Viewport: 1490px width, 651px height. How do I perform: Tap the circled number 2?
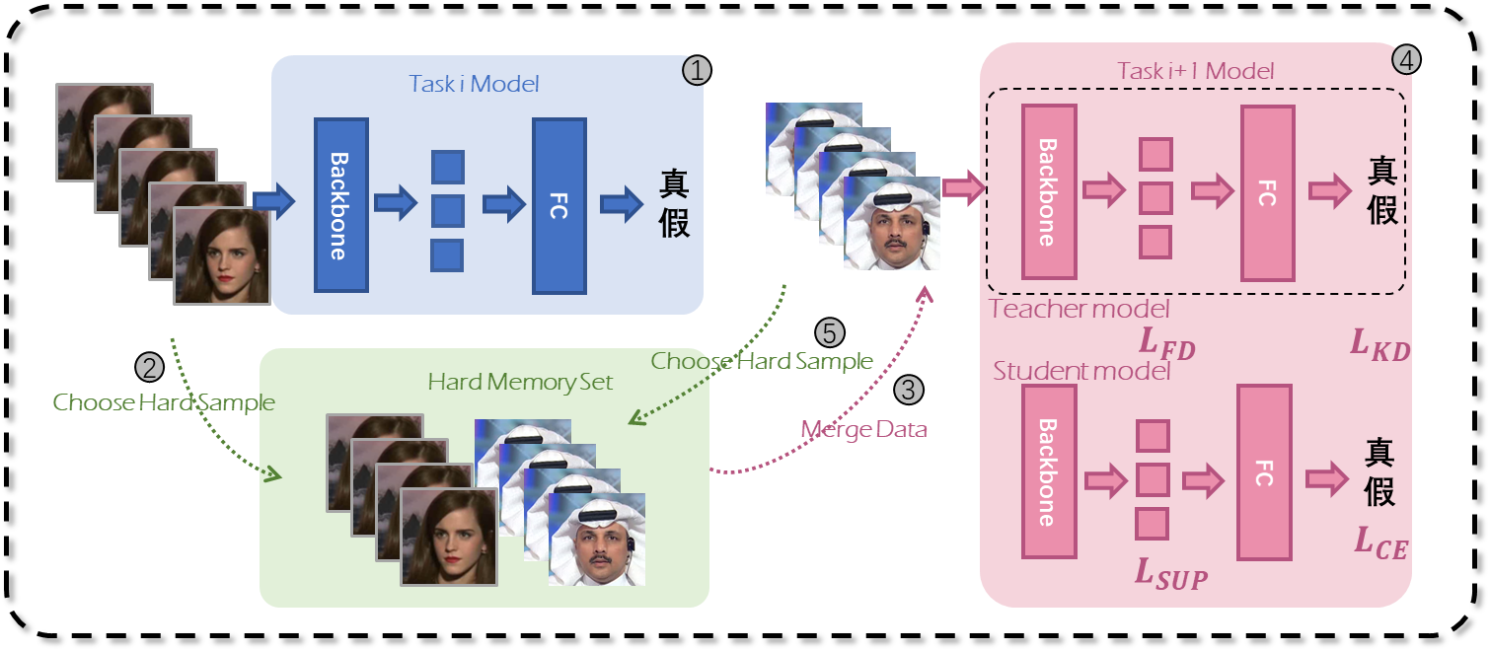click(148, 368)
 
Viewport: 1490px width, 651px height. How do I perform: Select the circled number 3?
click(909, 390)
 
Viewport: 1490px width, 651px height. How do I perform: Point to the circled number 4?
click(1406, 60)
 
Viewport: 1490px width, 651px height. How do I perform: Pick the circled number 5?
click(831, 331)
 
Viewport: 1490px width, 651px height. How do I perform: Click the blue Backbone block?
click(340, 205)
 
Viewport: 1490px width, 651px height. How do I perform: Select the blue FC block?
click(559, 205)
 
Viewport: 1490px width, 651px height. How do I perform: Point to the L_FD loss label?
click(1167, 342)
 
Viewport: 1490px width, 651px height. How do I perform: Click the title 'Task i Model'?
click(475, 84)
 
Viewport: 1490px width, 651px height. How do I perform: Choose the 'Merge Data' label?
click(863, 430)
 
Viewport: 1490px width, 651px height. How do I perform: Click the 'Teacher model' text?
click(1080, 310)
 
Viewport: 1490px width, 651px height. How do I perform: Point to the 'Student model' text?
click(1081, 372)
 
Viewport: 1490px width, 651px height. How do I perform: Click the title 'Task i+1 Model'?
click(1195, 71)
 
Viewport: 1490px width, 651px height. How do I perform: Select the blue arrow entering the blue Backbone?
click(274, 201)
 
